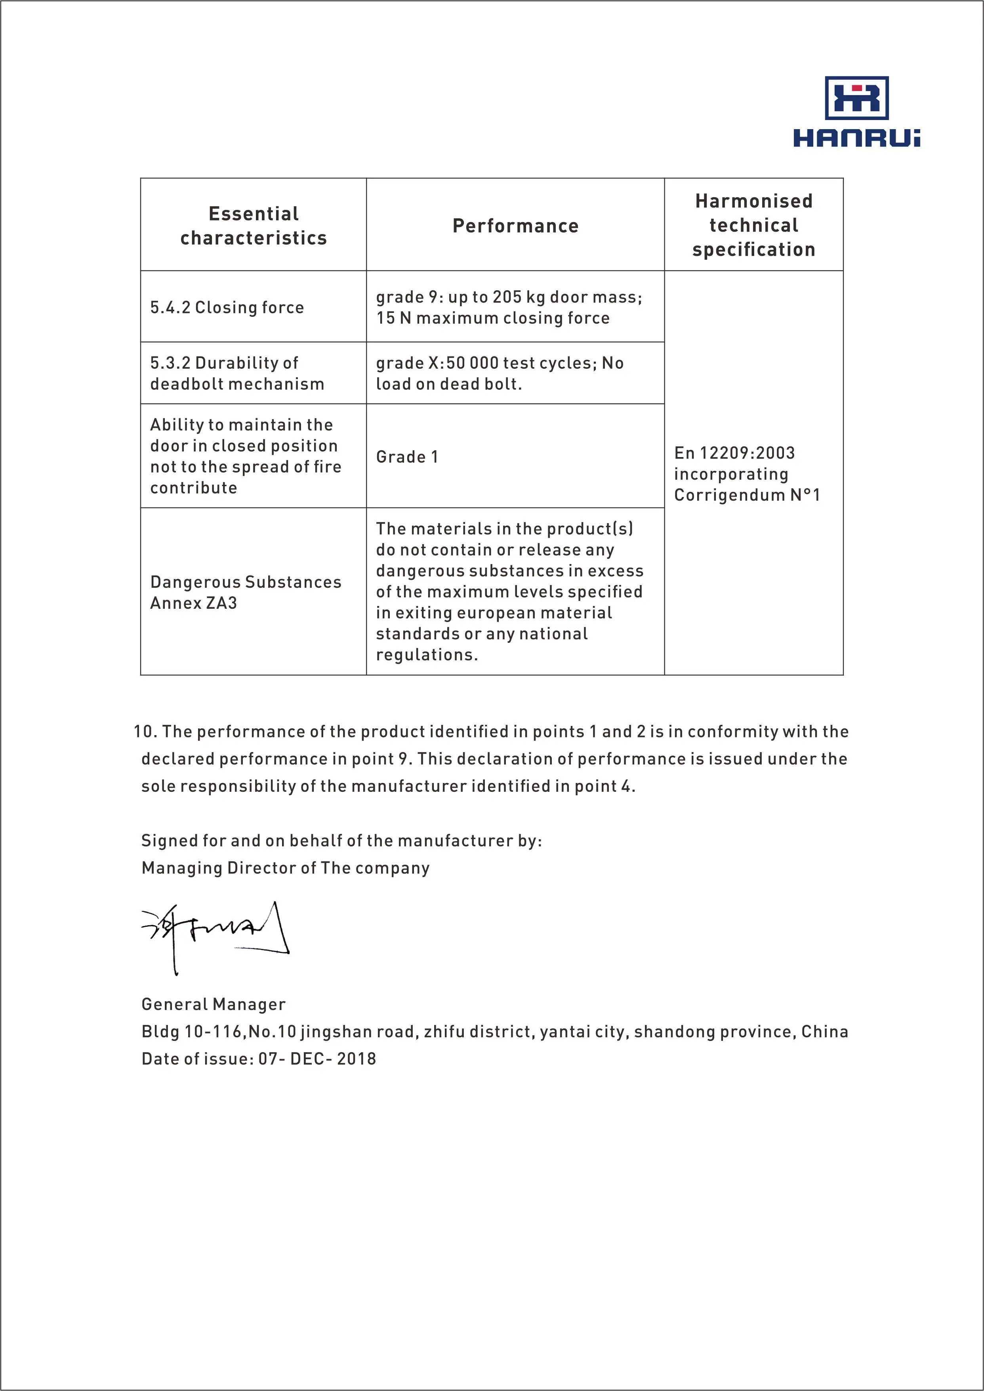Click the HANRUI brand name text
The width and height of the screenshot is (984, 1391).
[857, 138]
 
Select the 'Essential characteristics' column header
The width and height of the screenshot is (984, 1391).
[253, 225]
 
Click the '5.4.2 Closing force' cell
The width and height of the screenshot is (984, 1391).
[227, 308]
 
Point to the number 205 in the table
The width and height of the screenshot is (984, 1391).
[507, 297]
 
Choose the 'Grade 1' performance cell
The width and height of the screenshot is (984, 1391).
[407, 457]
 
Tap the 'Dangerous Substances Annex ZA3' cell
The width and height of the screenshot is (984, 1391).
[245, 593]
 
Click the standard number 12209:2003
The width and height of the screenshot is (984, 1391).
[747, 453]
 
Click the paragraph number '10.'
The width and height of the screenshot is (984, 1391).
[145, 732]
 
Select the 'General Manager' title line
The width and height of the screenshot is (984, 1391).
[213, 1004]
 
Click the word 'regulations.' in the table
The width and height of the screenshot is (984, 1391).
[427, 655]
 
